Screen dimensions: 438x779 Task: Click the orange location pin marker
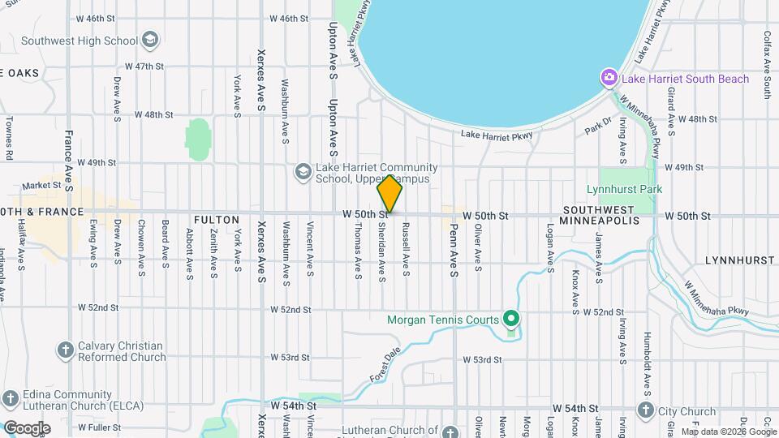[389, 194]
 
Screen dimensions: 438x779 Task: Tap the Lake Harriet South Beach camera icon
[609, 79]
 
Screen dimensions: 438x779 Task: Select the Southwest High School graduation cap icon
[149, 40]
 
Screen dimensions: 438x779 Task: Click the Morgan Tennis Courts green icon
[510, 319]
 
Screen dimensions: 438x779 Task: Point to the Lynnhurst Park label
[625, 190]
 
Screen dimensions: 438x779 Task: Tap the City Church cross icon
[645, 410]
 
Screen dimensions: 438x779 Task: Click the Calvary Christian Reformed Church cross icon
[66, 350]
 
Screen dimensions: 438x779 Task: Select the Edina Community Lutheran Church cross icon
[10, 399]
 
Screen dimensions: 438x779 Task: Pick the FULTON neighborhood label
[217, 220]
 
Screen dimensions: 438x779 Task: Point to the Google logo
[27, 428]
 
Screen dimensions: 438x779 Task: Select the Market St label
[42, 185]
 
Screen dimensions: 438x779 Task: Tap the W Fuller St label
[99, 427]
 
